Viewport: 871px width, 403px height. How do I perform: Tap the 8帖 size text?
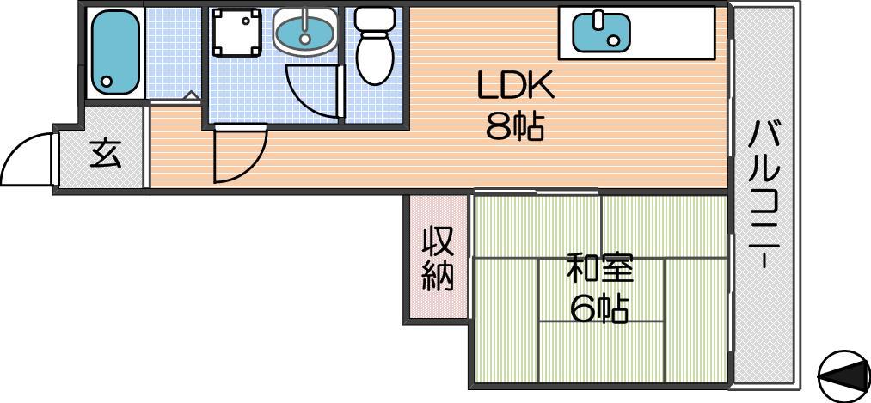coord(514,127)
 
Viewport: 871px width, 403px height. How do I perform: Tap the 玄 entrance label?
coord(106,155)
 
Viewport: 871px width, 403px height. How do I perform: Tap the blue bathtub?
coord(115,52)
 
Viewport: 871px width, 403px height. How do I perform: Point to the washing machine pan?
coord(236,33)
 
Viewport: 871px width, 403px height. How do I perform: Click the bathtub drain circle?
coord(107,82)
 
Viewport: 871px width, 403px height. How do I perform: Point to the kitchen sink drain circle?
coord(613,41)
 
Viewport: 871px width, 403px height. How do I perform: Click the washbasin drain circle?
coord(304,39)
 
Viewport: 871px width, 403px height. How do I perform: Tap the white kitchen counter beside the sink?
coord(672,33)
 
